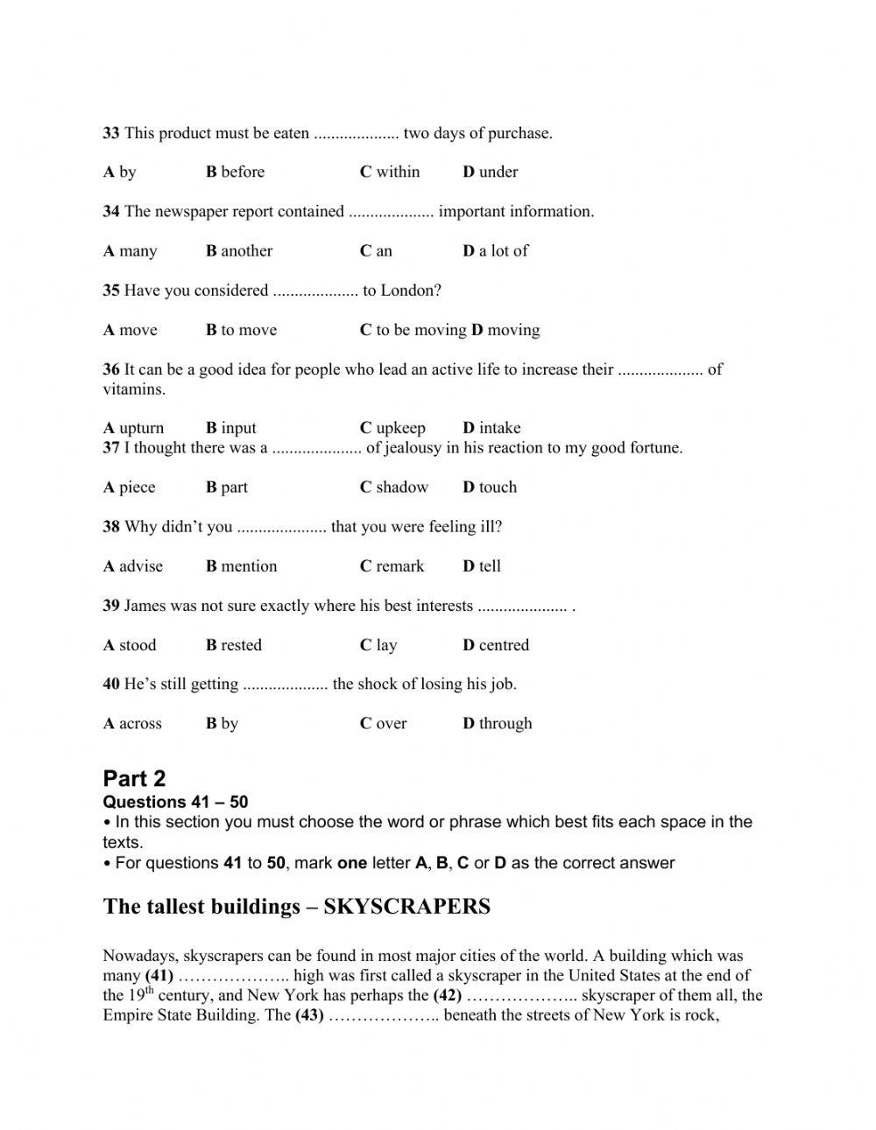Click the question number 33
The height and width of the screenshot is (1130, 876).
(111, 133)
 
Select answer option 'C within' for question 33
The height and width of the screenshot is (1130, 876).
(390, 172)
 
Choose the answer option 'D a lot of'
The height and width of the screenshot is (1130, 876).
(496, 250)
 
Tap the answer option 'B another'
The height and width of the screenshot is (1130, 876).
(239, 250)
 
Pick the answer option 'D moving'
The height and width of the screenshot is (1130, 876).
(505, 329)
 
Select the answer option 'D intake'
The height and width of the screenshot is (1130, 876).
(491, 427)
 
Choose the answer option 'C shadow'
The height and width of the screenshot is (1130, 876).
(394, 487)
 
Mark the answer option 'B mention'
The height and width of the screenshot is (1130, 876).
(242, 565)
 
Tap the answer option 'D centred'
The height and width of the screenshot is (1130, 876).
(496, 644)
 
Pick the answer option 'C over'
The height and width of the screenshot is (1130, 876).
(384, 723)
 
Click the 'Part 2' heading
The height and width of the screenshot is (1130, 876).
(134, 778)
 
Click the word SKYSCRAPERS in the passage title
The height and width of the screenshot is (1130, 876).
(407, 906)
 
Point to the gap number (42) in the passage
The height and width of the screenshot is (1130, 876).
(448, 994)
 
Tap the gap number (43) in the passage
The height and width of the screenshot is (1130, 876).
(310, 1014)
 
